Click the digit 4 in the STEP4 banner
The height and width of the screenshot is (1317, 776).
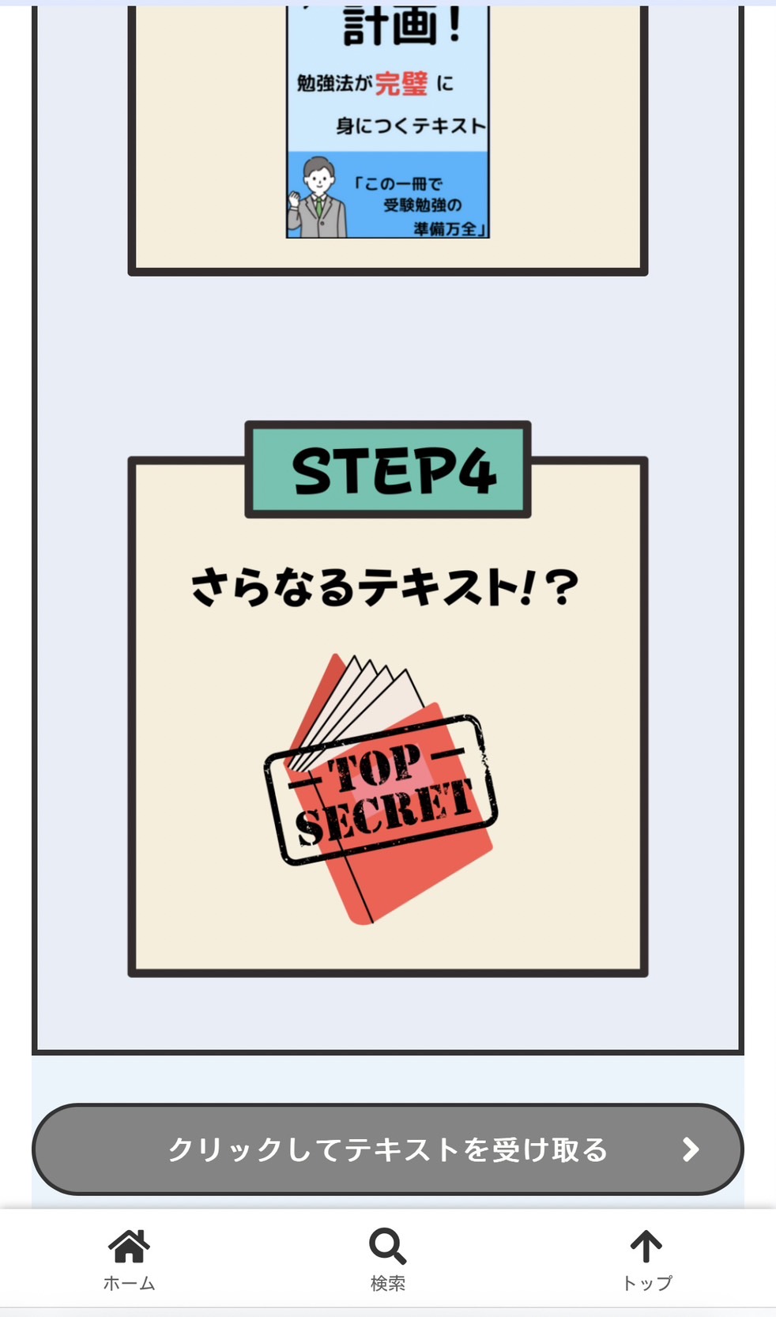tap(477, 470)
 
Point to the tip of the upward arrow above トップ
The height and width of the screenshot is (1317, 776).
tap(646, 1230)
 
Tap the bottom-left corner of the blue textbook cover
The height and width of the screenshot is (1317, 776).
tap(287, 237)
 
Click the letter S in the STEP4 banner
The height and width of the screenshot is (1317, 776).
tap(313, 470)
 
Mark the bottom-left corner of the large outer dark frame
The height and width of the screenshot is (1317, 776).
tap(34, 1053)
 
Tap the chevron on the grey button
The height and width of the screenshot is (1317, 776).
tap(691, 1149)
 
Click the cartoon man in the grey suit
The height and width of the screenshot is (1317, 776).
tap(317, 198)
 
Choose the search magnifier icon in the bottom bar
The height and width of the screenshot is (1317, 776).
tap(387, 1246)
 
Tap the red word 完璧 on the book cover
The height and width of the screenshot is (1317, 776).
tap(401, 84)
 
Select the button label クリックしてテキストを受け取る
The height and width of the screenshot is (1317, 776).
tap(388, 1149)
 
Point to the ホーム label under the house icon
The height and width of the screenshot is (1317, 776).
tap(130, 1284)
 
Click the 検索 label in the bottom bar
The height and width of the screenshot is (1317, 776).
tap(388, 1284)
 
